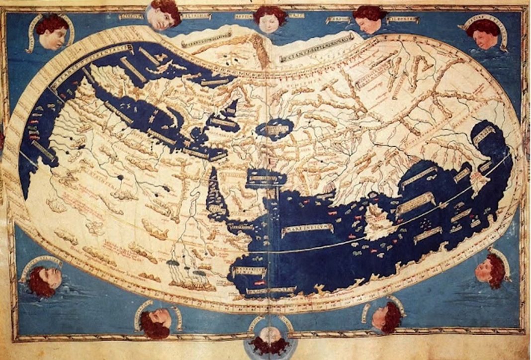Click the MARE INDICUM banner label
point(307,230)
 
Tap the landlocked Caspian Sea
point(274,128)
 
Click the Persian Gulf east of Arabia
point(260,178)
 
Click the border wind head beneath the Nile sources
point(155,320)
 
